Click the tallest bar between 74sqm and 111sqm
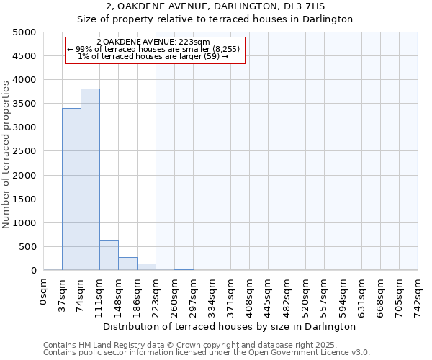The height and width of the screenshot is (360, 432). tap(90, 179)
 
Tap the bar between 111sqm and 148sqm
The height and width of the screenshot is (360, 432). tap(109, 256)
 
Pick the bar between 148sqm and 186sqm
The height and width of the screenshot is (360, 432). tap(127, 264)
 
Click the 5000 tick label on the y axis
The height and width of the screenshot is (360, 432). tap(24, 32)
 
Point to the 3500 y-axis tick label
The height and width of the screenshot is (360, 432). tap(24, 104)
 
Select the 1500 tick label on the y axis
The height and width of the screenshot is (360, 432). tap(24, 199)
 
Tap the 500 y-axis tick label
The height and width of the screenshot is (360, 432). tap(27, 247)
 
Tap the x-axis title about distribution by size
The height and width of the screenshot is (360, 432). tap(230, 326)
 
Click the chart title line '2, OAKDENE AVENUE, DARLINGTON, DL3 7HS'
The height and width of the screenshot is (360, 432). tap(215, 6)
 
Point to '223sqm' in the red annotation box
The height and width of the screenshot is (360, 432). tap(195, 42)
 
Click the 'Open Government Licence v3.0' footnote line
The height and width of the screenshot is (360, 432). tap(207, 353)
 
